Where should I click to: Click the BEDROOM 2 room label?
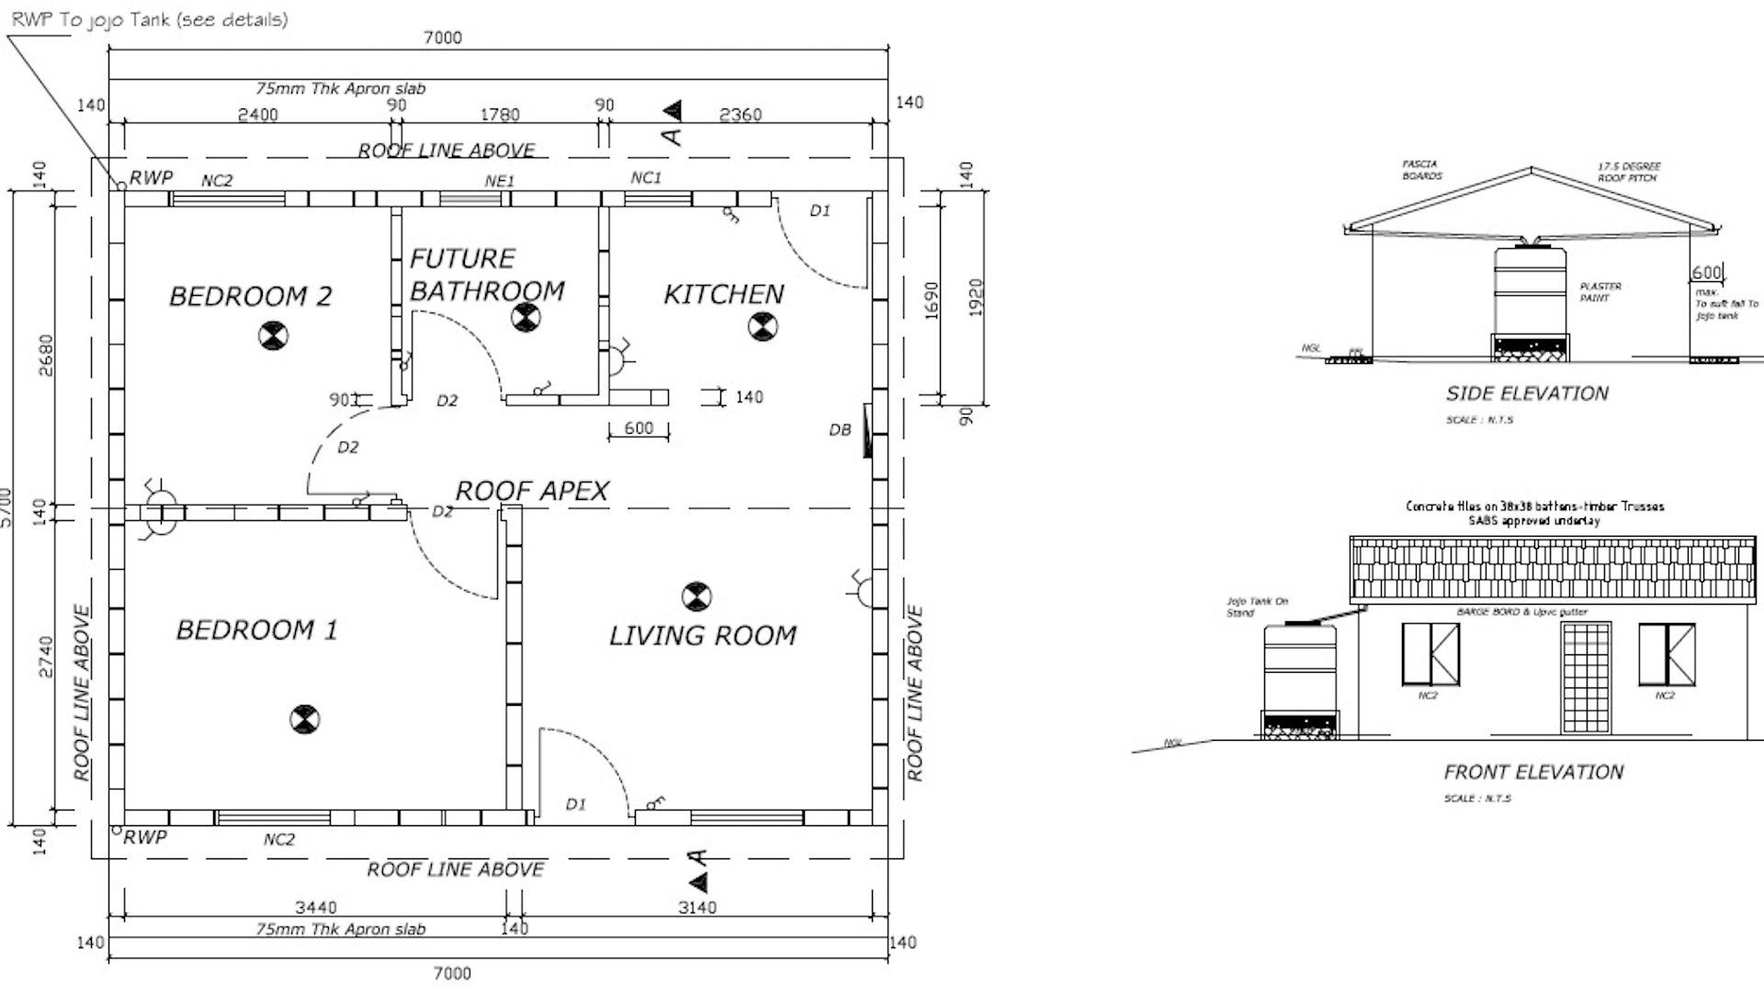coord(250,296)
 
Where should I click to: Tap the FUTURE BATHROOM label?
coord(487,275)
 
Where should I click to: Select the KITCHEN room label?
coord(724,294)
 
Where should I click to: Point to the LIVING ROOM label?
coord(703,635)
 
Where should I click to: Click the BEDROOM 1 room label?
coord(256,630)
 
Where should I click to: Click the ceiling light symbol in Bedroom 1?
coord(303,719)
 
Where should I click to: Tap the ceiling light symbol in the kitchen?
coord(763,325)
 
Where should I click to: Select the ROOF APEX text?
coord(532,491)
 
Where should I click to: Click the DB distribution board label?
coord(840,429)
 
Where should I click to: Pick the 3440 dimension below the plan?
coord(315,907)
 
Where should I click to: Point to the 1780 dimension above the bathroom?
coord(500,115)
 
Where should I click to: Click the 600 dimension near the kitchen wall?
coord(639,428)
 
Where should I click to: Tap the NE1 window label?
coord(500,181)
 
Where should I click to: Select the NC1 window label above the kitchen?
coord(646,177)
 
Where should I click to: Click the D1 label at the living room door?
coord(575,804)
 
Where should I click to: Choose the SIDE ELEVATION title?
coord(1527,393)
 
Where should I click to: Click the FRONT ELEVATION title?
coord(1533,772)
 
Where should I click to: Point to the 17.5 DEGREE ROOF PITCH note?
coord(1628,172)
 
